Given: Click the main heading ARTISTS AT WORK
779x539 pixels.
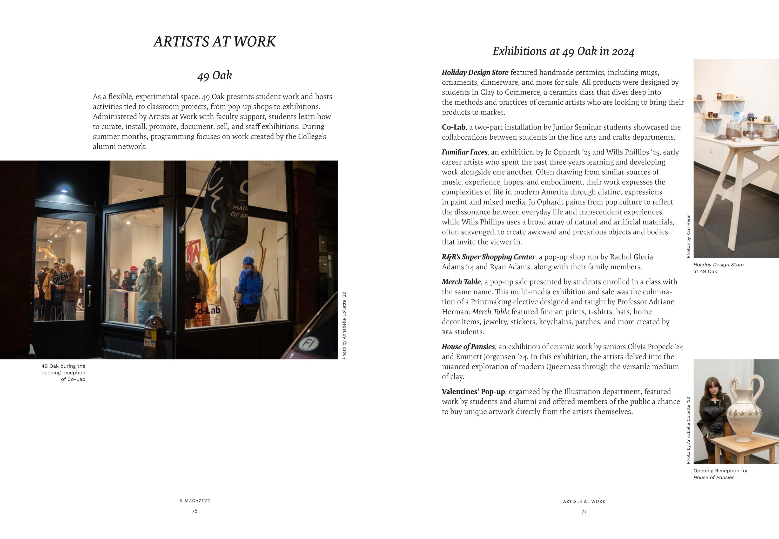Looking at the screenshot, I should pos(214,42).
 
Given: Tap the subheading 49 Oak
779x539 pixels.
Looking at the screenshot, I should pos(214,75).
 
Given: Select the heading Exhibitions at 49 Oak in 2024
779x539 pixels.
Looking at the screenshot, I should pos(563,51).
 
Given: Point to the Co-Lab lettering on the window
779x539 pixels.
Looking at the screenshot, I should pos(206,311).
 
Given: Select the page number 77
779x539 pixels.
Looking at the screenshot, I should pos(584,512).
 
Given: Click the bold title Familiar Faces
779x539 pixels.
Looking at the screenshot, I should pos(464,152).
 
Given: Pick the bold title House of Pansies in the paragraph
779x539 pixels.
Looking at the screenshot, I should pos(468,347).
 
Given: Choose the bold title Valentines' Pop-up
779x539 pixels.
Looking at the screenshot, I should pos(473,392).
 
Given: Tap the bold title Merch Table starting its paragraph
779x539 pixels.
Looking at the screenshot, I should pos(461,282).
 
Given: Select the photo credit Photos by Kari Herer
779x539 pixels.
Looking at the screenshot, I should pos(688,236).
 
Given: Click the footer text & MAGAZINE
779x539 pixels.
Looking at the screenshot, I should pos(195,501).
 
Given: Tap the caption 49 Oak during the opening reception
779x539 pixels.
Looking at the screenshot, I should pos(64,372).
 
